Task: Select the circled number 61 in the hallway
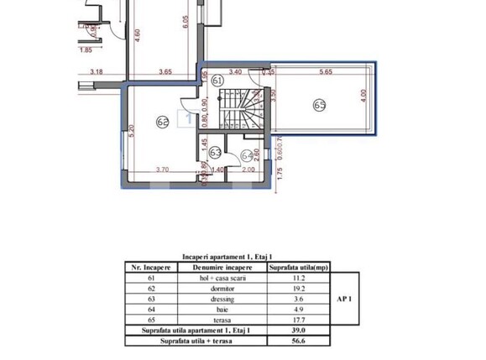(x=218, y=81)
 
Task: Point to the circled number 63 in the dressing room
(x=215, y=153)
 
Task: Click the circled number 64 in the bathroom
(x=247, y=154)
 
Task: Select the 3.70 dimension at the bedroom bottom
(x=161, y=170)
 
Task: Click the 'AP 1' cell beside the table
(x=344, y=296)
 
